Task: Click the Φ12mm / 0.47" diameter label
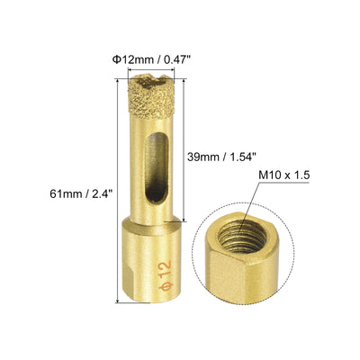coord(151,60)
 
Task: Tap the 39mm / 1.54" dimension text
coord(221,157)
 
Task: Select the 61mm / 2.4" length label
coord(81,193)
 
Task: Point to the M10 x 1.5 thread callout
coord(284,175)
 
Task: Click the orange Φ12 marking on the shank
coord(166,275)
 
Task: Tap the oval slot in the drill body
coord(156,168)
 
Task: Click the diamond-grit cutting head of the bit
coord(151,97)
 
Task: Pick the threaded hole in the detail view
coord(242,237)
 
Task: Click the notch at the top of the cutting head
coord(151,79)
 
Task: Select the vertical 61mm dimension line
coord(118,191)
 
